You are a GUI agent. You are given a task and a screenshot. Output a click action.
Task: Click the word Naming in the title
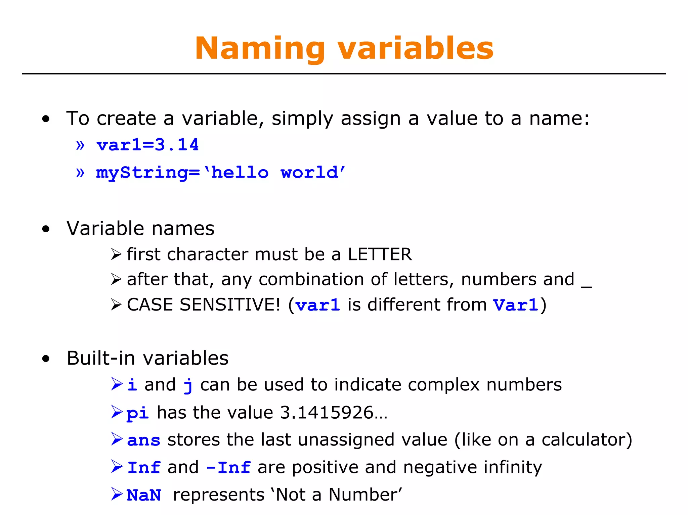pos(260,49)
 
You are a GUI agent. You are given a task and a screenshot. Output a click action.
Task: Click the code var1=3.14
pos(147,145)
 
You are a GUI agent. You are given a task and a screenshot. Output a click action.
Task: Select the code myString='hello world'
pos(220,173)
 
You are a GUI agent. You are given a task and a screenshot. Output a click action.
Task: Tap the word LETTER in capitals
pos(380,254)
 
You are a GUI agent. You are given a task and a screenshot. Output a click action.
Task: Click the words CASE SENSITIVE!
pos(203,305)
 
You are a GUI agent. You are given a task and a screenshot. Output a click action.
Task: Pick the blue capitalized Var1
pos(516,305)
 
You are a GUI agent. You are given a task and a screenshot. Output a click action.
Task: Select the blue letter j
pos(188,386)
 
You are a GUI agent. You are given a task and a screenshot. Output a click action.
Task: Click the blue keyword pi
pos(137,413)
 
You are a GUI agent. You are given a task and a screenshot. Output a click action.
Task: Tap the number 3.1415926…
pos(333,413)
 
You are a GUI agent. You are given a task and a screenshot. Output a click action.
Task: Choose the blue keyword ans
pos(144,440)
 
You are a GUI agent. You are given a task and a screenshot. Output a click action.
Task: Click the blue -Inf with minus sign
pos(228,468)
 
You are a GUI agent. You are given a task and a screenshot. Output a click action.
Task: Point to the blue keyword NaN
pos(144,495)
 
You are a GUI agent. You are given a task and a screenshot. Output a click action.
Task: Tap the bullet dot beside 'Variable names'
pos(46,229)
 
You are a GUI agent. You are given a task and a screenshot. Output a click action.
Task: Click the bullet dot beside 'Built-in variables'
pos(46,359)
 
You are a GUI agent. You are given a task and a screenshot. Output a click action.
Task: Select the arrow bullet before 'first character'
pos(116,254)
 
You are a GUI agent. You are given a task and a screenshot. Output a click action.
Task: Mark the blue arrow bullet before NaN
pos(117,494)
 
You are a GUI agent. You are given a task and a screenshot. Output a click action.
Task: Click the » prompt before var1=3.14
pos(80,145)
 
